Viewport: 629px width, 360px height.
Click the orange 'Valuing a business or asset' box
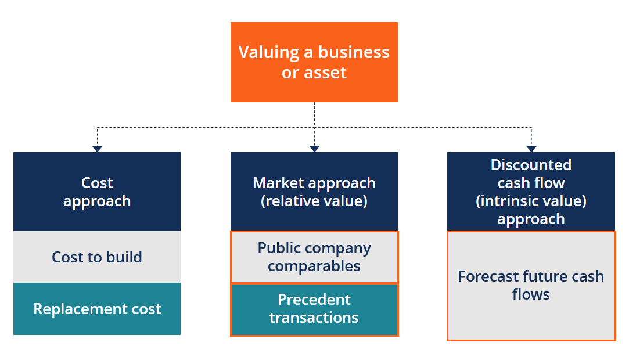(x=314, y=62)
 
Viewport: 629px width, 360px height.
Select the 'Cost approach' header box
(x=97, y=192)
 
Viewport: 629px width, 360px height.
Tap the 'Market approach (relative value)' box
(x=314, y=192)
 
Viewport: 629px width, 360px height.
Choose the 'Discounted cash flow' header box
(x=531, y=192)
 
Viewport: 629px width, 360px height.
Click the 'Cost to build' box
(x=97, y=257)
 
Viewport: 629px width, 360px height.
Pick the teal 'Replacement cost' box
(x=97, y=309)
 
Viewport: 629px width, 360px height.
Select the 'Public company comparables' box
(x=314, y=257)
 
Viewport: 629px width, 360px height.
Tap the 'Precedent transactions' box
(x=314, y=309)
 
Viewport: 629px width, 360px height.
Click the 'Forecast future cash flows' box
(x=531, y=286)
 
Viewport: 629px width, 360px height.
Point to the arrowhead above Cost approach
(x=97, y=149)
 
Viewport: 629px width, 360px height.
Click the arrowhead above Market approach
(x=314, y=149)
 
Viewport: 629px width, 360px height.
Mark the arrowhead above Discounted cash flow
(x=531, y=149)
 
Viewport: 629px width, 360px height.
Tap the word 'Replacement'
(x=75, y=309)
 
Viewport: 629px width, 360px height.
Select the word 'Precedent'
(x=314, y=300)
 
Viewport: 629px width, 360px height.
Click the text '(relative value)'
(x=314, y=201)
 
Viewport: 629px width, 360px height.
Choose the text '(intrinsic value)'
(x=531, y=201)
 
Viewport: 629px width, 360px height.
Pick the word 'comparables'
(x=314, y=267)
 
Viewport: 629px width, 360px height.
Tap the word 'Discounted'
(x=531, y=165)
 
